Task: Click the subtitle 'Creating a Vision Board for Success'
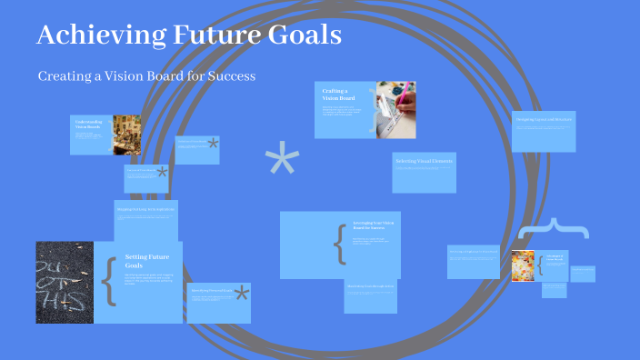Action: point(146,76)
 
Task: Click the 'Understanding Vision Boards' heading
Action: point(89,125)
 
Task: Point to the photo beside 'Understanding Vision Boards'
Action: point(126,135)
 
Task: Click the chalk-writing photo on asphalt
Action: point(65,282)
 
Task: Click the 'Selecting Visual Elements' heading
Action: point(424,161)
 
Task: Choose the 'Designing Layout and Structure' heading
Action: point(543,119)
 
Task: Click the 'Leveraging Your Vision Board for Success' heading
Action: point(374,226)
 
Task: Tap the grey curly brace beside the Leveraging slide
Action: point(340,244)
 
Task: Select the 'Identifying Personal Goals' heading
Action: point(211,291)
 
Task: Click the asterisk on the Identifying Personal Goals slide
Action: point(242,293)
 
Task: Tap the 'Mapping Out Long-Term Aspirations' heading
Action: point(145,210)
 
